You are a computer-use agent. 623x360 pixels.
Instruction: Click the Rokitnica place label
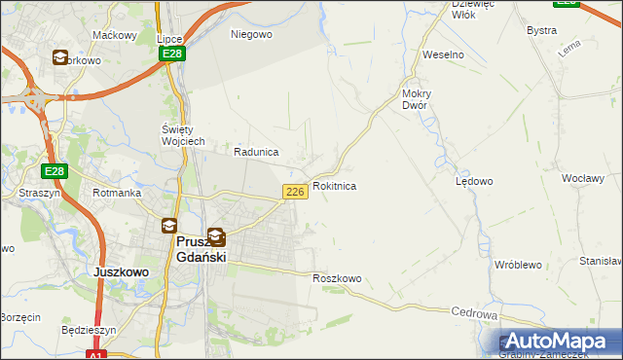(x=334, y=185)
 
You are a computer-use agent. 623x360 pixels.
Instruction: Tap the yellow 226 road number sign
(x=297, y=193)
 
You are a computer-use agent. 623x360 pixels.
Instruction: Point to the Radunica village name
(x=257, y=152)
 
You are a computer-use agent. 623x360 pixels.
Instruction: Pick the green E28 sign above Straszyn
(x=55, y=171)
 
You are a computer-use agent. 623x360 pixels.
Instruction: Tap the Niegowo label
(x=251, y=34)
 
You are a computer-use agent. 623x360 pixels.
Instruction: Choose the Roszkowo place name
(x=337, y=278)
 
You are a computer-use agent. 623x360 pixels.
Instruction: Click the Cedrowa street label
(x=475, y=314)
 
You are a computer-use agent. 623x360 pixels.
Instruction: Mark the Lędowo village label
(x=474, y=181)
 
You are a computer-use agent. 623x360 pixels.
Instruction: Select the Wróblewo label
(x=517, y=265)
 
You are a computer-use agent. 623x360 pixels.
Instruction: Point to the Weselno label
(x=443, y=54)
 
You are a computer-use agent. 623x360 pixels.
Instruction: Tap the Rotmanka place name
(x=117, y=193)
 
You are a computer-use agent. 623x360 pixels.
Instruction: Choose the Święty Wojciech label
(x=182, y=135)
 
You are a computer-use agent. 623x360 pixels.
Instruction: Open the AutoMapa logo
(x=559, y=341)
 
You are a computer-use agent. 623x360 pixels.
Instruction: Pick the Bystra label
(x=541, y=30)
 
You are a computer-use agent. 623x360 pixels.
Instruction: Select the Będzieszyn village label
(x=89, y=330)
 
